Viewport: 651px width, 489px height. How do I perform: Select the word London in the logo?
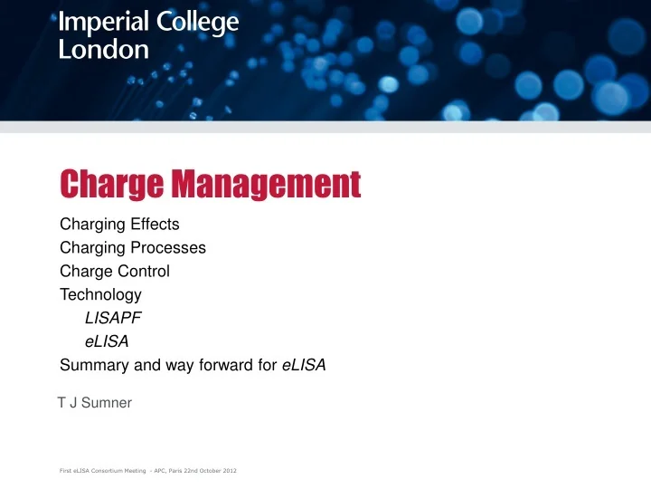[x=104, y=50]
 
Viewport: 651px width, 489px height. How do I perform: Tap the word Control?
[x=145, y=271]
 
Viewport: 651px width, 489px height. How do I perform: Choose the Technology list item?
[x=100, y=294]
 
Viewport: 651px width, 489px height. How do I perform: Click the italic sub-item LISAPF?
[x=113, y=318]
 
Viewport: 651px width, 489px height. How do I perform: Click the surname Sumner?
[x=107, y=403]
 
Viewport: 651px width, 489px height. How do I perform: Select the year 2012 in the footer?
[x=228, y=472]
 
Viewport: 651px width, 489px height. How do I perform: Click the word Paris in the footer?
[x=168, y=472]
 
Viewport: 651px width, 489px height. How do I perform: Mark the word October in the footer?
[x=205, y=472]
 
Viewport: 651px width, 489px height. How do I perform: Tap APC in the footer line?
[x=151, y=472]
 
